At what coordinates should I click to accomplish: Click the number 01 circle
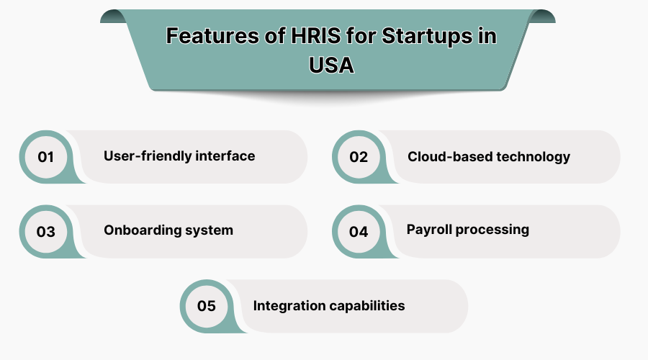(x=46, y=157)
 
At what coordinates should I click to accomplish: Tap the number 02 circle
(x=359, y=157)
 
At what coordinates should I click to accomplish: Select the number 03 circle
(x=46, y=232)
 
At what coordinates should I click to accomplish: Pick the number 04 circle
(x=359, y=232)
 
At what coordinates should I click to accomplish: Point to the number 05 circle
(x=206, y=307)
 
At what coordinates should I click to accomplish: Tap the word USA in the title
(x=332, y=65)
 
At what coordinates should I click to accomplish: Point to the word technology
(x=532, y=156)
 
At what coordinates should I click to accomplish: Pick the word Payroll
(x=430, y=230)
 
